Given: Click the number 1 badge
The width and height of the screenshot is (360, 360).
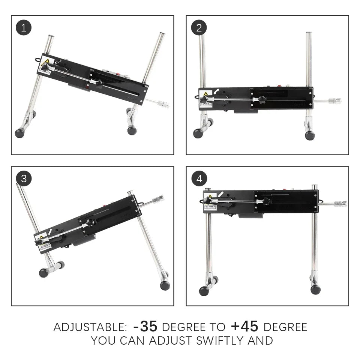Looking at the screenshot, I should pos(24,28).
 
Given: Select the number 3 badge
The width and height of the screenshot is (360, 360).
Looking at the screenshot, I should pos(24,179).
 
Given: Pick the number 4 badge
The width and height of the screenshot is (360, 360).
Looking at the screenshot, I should pos(199,179).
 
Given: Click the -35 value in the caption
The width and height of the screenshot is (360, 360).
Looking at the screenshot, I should pos(145,327).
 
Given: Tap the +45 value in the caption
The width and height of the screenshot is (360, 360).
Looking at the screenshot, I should pos(244,327).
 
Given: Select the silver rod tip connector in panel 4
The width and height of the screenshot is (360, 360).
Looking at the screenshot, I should pos(340,204).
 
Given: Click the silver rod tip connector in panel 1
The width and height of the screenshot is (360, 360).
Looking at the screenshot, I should pos(164,104).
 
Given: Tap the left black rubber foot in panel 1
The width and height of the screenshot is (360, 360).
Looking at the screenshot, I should pos(19,133).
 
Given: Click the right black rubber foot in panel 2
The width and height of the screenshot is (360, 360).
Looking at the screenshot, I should pos(310,135).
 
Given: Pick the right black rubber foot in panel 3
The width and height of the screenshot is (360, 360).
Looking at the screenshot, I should pos(165,285).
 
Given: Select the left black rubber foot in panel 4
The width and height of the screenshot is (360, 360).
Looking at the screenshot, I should pos(204,291).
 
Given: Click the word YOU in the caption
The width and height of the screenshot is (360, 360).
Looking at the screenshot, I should pos(103,341).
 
